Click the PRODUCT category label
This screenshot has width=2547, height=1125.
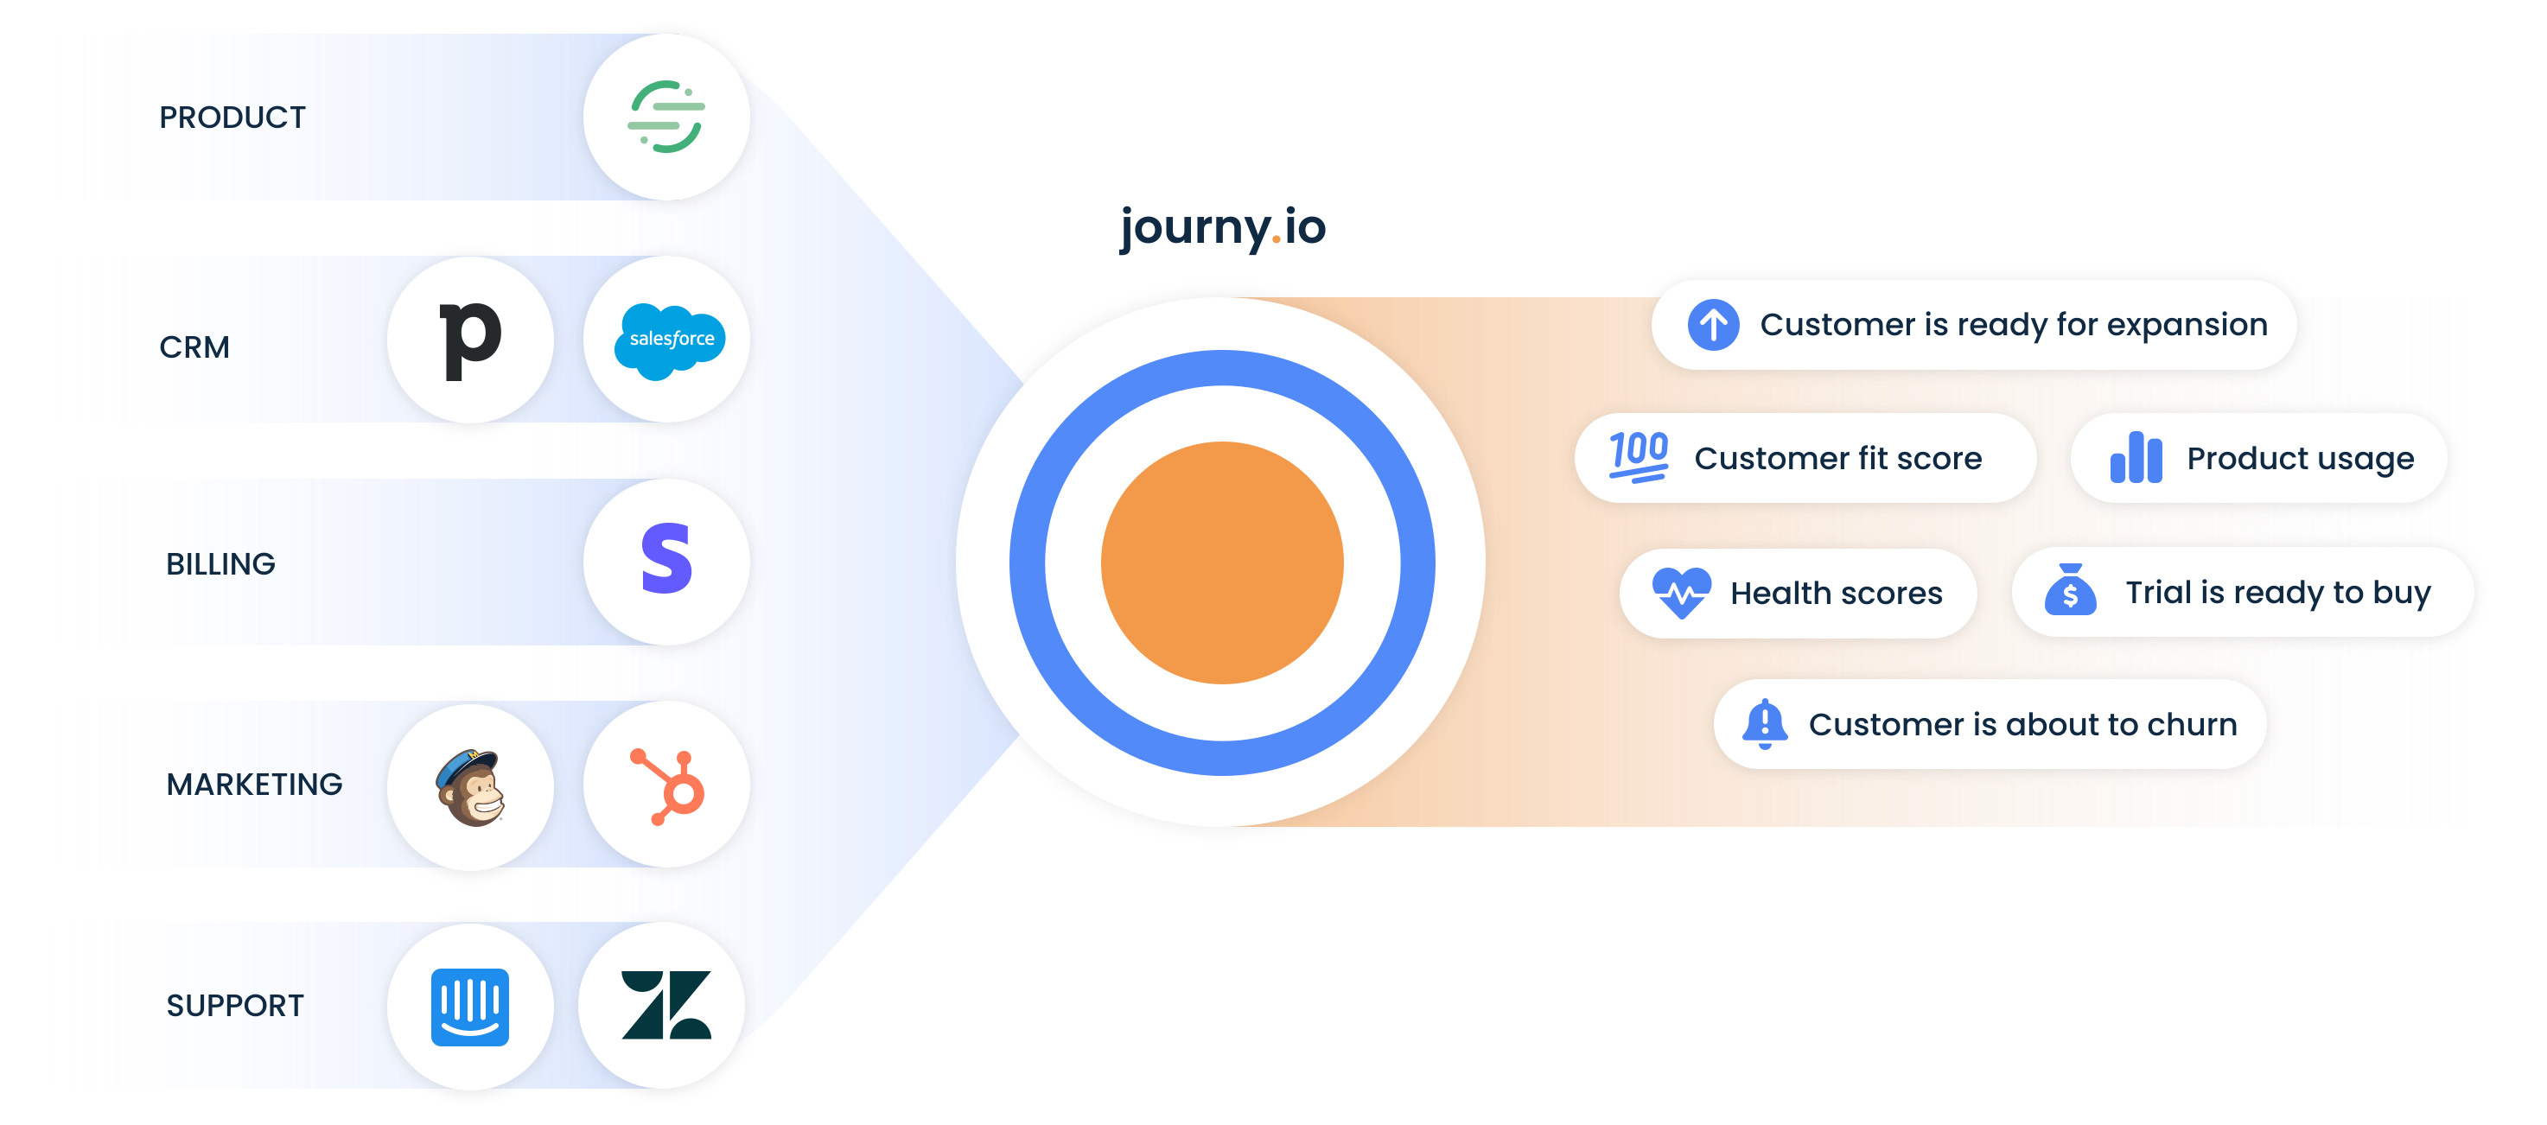click(232, 118)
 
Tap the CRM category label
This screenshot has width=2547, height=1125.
click(194, 347)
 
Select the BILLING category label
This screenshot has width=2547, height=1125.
click(220, 563)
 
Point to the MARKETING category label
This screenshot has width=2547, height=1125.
click(254, 784)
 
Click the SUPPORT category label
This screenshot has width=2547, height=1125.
click(235, 1006)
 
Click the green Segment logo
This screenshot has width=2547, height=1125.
click(666, 118)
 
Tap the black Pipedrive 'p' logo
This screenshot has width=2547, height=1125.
click(471, 339)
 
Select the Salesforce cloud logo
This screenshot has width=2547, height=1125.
click(671, 339)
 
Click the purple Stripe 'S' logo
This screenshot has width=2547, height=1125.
click(666, 560)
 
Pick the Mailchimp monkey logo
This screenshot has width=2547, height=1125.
click(471, 787)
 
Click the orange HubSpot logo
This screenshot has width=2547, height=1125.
click(668, 787)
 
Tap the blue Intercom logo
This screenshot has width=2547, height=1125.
click(471, 1007)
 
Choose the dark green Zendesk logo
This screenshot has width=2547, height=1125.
click(665, 1006)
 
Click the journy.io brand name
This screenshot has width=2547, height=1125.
click(1222, 228)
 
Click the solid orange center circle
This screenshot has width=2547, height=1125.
click(1222, 562)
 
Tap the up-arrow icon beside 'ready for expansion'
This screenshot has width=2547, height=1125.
click(1714, 324)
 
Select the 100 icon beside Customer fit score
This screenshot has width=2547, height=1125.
click(1639, 457)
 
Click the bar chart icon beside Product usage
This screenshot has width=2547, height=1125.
click(2136, 458)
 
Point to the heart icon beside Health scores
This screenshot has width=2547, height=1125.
click(1681, 592)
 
